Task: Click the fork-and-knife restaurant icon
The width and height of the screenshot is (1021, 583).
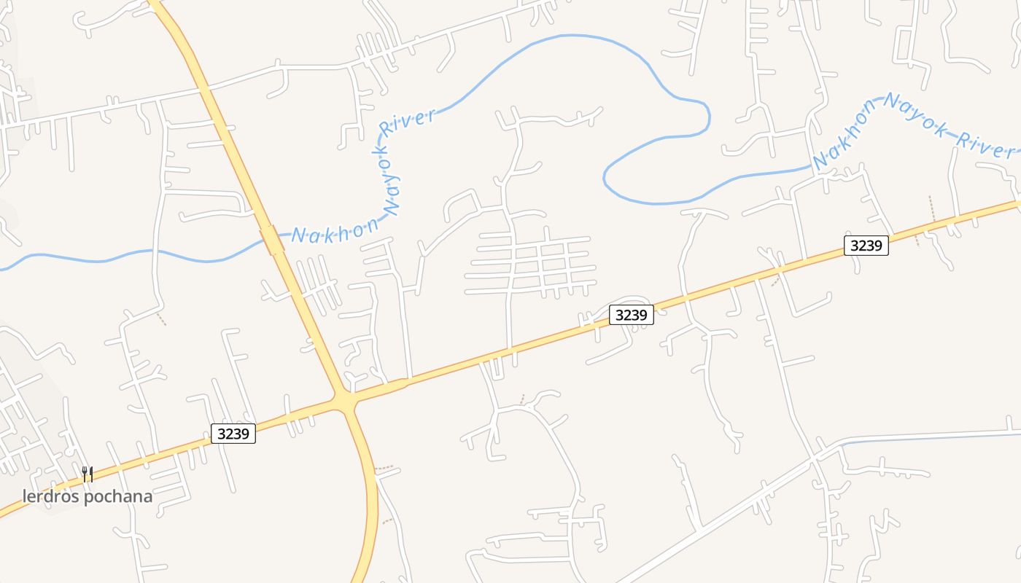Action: point(88,474)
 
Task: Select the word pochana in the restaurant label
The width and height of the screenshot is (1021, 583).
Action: point(117,497)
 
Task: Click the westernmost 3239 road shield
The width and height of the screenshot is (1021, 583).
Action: point(233,434)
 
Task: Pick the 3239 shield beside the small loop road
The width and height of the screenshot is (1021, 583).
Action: point(632,315)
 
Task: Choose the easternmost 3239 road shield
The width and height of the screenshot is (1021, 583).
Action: point(866,246)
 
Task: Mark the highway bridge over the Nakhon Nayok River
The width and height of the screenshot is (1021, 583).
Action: point(273,240)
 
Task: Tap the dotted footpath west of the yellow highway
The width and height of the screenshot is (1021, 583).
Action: point(160,318)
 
